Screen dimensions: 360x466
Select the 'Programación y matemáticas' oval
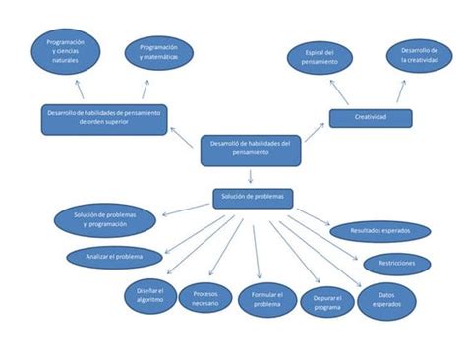159,53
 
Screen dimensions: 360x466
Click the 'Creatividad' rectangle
370,118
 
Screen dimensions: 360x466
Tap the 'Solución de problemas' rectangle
253,197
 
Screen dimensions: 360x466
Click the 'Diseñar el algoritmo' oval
148,298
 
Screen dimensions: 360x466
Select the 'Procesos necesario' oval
205,299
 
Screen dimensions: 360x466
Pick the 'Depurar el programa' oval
320,303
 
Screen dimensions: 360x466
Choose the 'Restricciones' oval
396,264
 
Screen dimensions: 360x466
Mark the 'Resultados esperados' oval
379,232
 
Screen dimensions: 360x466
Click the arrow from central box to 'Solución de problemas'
252,176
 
